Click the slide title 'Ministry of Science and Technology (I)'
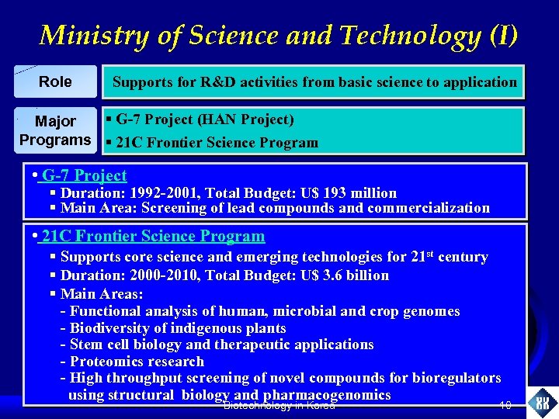(279, 35)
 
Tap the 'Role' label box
(55, 81)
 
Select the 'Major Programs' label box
(55, 130)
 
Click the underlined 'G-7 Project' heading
(85, 176)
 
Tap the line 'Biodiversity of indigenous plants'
(178, 328)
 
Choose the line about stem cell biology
(221, 345)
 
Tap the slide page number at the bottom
(505, 405)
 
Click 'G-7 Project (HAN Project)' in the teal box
(204, 120)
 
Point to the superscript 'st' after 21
(427, 253)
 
